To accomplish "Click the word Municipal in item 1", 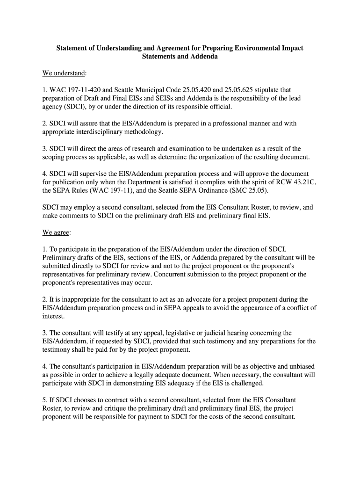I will pos(150,90).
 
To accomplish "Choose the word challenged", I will pos(244,384).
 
